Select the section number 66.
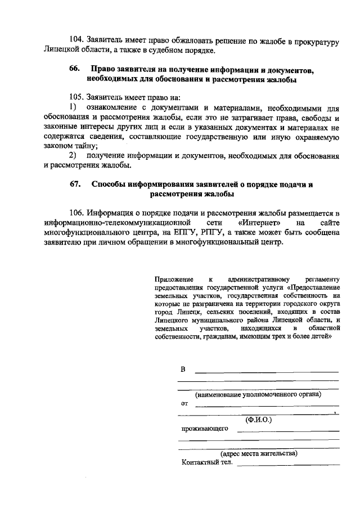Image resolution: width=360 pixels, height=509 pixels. pos(75,69)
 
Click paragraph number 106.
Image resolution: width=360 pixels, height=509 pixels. pos(76,213)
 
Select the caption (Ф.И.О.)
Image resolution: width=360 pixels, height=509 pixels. pos(258,420)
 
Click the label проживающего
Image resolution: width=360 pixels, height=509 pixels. pos(204,428)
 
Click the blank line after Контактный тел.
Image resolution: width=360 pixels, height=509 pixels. pos(289,464)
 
